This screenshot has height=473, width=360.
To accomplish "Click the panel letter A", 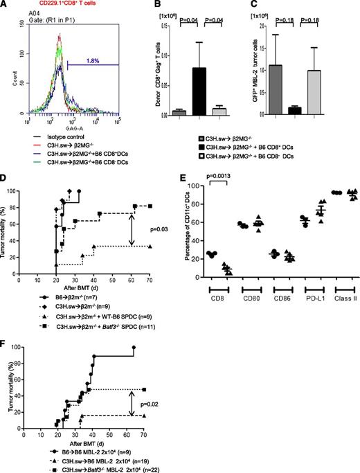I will click(x=6, y=6).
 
